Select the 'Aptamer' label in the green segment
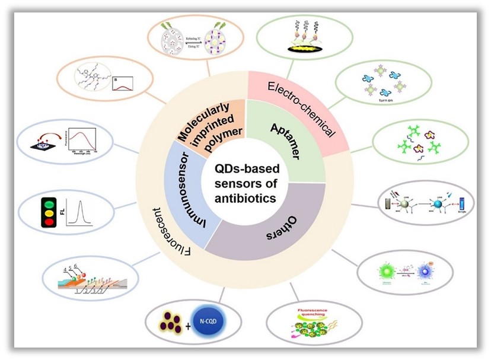pyautogui.click(x=284, y=142)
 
